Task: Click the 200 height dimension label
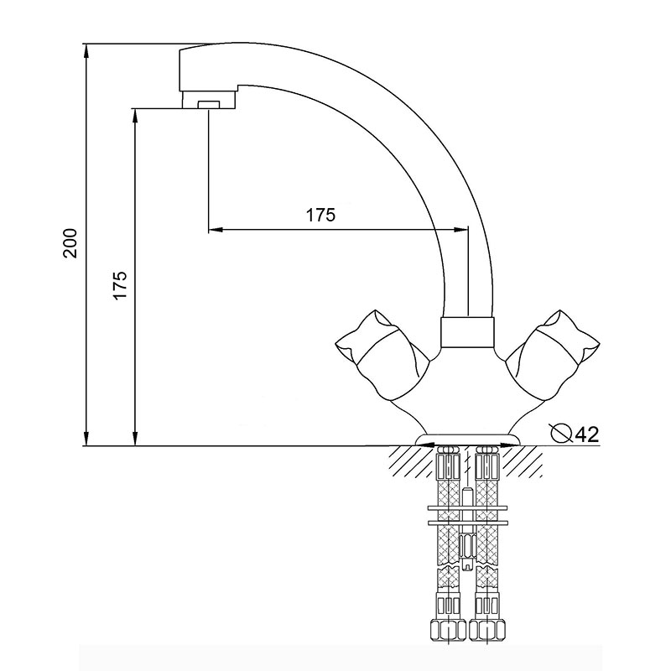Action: click(x=70, y=243)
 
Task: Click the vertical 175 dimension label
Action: click(x=120, y=285)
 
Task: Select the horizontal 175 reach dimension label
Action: click(x=320, y=215)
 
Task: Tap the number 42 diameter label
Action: click(x=586, y=434)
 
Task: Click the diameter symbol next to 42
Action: click(x=561, y=433)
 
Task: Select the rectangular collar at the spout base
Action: click(x=468, y=332)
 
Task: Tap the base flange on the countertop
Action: click(x=468, y=440)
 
